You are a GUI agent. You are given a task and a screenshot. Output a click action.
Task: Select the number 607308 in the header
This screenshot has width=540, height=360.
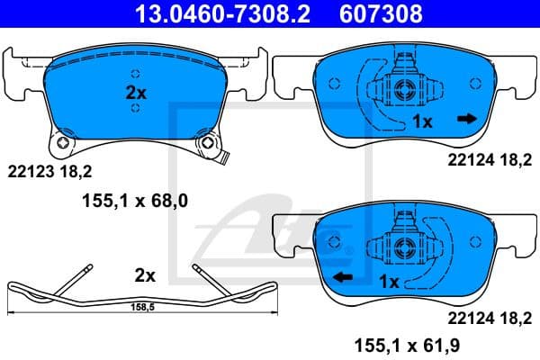(x=379, y=14)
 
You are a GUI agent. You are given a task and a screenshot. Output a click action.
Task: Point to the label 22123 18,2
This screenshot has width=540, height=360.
(x=49, y=169)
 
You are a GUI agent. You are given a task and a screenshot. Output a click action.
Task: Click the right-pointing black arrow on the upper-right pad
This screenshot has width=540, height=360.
(x=466, y=119)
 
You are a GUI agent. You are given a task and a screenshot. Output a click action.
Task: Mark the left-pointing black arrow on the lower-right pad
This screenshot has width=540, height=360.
(x=342, y=278)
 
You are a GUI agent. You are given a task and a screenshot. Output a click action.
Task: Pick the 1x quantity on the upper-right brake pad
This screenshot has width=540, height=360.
(x=422, y=120)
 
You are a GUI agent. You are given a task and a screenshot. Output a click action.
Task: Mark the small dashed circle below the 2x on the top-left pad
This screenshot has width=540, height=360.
(x=135, y=109)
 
